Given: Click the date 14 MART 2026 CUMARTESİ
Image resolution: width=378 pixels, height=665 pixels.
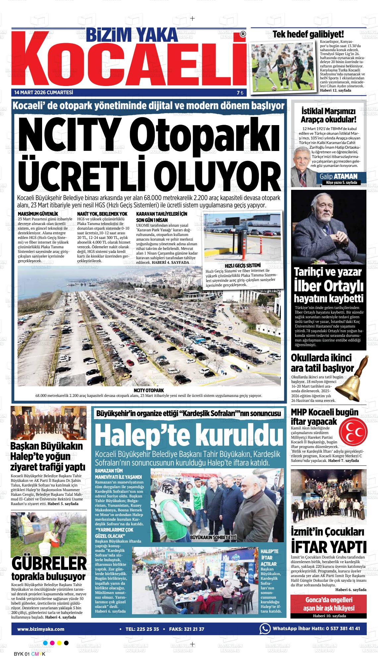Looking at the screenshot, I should [x=43, y=92].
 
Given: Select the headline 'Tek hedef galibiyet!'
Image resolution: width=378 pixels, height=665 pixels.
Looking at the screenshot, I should [x=308, y=34].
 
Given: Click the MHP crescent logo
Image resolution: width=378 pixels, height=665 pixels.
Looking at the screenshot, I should [x=353, y=430].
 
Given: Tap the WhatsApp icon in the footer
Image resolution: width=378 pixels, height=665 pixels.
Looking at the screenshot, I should [x=265, y=629].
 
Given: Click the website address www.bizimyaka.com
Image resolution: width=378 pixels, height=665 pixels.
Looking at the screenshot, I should [x=41, y=629].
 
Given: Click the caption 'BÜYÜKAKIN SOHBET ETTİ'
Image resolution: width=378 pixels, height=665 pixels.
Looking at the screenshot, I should [x=213, y=537].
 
